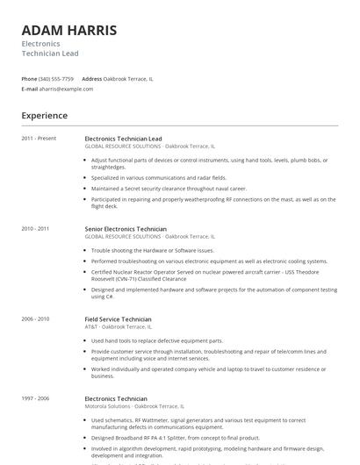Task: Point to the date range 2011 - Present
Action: coord(40,139)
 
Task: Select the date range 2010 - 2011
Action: coord(36,229)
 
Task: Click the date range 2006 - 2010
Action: coord(36,319)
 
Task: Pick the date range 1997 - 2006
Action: coord(36,398)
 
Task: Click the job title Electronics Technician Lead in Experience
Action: coord(124,139)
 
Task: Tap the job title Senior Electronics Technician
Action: coord(126,229)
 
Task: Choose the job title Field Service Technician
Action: coord(118,319)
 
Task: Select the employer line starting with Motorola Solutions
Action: coord(133,406)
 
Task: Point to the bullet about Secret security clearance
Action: coord(169,188)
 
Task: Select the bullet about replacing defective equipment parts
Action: coord(157,340)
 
